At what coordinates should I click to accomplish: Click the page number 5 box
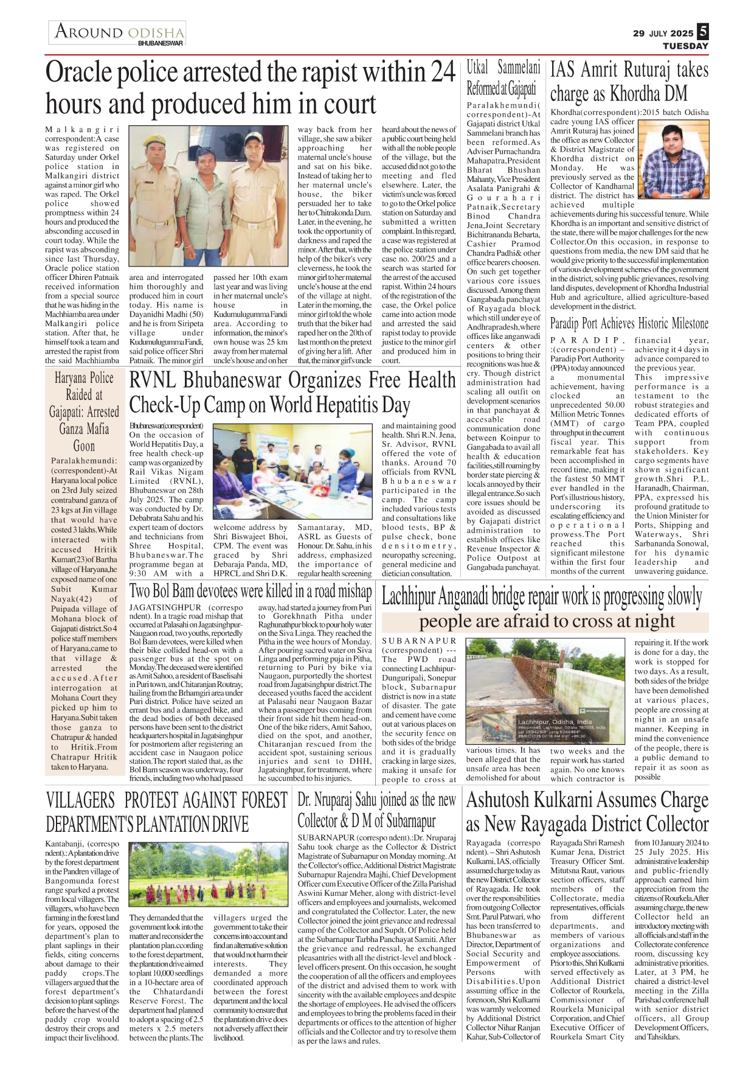pos(703,32)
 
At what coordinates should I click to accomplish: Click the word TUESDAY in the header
pos(685,46)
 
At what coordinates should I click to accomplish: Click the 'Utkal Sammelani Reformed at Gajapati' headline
pos(503,78)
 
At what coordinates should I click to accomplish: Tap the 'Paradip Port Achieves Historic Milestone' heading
pos(629,323)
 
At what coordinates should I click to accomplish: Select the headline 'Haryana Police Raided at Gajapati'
pos(85,411)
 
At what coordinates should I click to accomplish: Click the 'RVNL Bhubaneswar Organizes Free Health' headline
pos(292,393)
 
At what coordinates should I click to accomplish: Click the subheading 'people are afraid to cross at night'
pos(547,621)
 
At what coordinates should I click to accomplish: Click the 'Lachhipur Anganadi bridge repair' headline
pos(541,597)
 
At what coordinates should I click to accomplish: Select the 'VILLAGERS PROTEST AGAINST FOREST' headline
pos(167,812)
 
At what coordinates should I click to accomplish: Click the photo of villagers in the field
pos(209,873)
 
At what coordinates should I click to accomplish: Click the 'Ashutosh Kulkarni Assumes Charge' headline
pos(587,812)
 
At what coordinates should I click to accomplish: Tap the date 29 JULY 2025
pos(662,33)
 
